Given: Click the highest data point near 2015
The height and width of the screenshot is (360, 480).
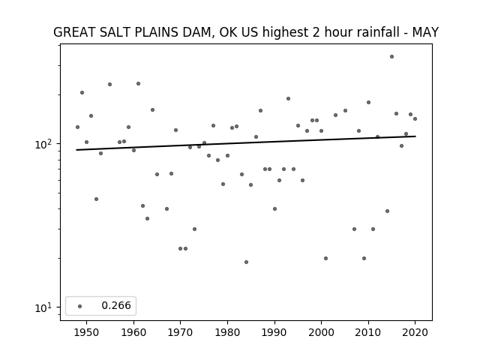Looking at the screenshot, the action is tap(391, 57).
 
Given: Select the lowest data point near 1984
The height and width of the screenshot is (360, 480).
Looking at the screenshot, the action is tap(246, 262).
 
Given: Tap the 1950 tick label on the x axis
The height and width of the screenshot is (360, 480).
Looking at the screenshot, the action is tap(87, 332).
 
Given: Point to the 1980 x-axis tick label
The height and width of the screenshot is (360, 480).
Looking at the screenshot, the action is tap(227, 332).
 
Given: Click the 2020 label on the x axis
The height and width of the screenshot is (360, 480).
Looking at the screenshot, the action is tap(415, 332).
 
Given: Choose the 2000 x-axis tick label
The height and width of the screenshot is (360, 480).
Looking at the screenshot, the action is tap(321, 332).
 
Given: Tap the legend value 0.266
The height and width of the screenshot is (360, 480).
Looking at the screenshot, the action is tap(116, 305).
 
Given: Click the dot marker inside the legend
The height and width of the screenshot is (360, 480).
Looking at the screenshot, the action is tap(79, 306).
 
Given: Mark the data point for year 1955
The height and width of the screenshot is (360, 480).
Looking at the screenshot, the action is tap(110, 85).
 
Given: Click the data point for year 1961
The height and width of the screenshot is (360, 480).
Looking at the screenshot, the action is tap(138, 83).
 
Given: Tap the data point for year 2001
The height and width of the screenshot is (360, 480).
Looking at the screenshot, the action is tap(325, 258).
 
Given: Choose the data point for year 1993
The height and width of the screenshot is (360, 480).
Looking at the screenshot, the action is tap(288, 98).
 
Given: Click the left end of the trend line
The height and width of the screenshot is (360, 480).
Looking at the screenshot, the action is tap(76, 150).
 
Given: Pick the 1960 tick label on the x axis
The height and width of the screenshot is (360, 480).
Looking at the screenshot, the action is tap(133, 332).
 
